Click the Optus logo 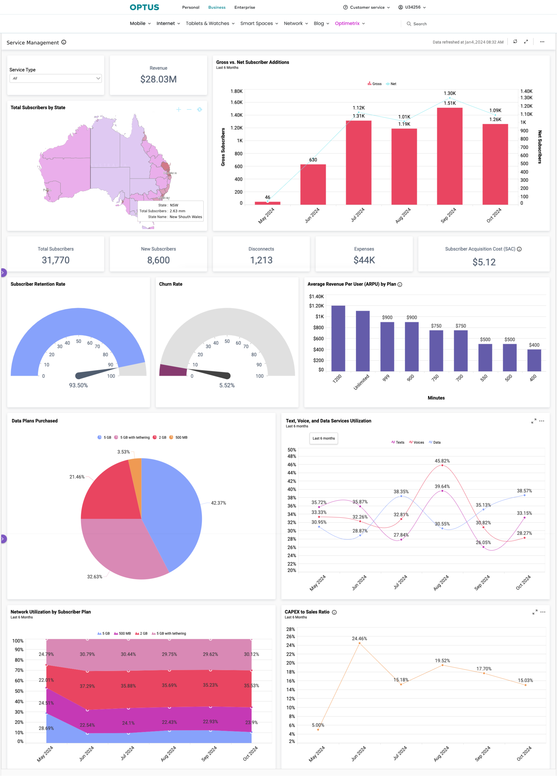click(x=144, y=7)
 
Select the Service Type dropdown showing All click(x=56, y=78)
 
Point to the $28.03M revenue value click(x=158, y=79)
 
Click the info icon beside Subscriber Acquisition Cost click(x=519, y=249)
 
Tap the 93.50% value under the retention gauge click(x=78, y=385)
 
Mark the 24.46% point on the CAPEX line click(x=359, y=643)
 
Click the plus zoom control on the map click(x=178, y=109)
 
